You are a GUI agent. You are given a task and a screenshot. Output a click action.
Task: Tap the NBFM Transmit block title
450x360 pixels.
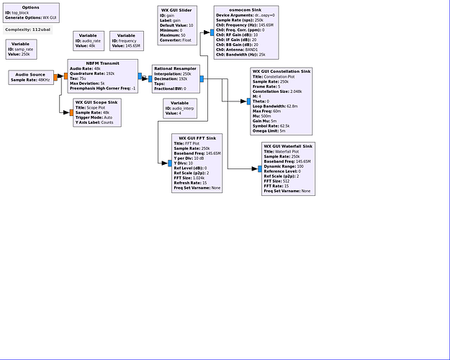pos(102,63)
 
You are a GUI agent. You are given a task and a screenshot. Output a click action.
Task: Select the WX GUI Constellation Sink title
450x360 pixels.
pos(282,71)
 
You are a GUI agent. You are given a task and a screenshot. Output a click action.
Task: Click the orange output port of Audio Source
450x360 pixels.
pos(55,77)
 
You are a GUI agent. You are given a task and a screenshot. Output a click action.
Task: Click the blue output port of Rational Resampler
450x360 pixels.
pos(202,78)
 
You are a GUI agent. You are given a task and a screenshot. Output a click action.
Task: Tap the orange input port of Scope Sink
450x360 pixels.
pos(71,113)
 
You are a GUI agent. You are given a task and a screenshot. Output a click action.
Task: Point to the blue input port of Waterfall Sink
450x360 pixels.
pos(260,169)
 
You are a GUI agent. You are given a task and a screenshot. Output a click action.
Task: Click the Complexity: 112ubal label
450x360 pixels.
pos(27,30)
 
